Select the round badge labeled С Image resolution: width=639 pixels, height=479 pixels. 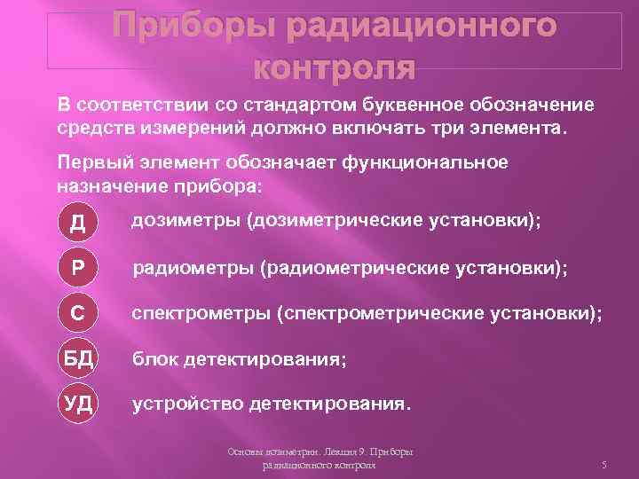pyautogui.click(x=77, y=314)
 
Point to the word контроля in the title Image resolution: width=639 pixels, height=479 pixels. pyautogui.click(x=334, y=67)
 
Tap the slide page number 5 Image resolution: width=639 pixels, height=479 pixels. pyautogui.click(x=603, y=465)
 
